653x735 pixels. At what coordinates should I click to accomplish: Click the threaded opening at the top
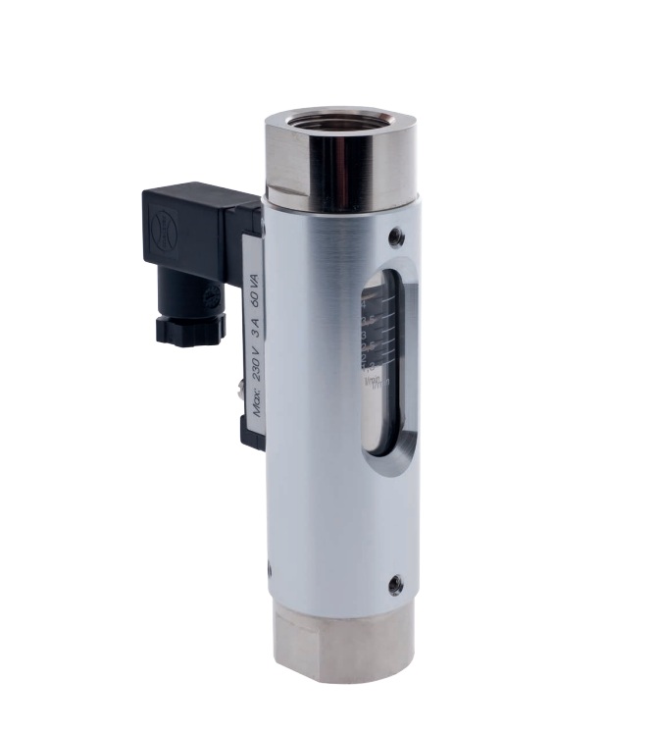point(339,122)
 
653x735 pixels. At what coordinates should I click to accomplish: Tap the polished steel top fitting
point(338,167)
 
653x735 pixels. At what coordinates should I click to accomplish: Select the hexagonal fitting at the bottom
point(342,642)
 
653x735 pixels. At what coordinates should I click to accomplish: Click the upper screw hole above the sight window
point(395,236)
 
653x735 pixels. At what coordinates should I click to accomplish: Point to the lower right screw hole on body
point(394,586)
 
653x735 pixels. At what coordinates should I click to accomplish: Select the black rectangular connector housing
point(191,231)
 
